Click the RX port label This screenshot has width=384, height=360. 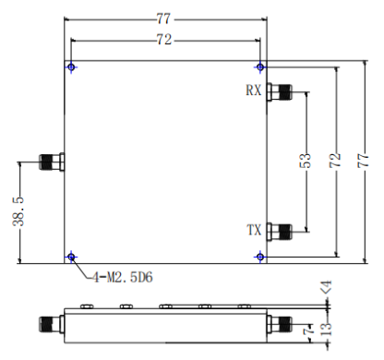(x=254, y=90)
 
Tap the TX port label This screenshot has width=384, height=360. (x=254, y=230)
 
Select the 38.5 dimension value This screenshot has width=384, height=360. (x=18, y=211)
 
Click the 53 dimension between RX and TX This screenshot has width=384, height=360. (x=306, y=161)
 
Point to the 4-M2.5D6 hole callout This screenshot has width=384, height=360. (x=123, y=278)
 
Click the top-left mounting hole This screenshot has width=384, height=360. (x=71, y=66)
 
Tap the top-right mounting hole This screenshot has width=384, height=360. (x=260, y=66)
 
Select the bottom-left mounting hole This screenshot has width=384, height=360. (x=71, y=257)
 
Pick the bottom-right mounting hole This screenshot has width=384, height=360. (x=260, y=257)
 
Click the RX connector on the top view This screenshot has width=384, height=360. (x=280, y=91)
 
